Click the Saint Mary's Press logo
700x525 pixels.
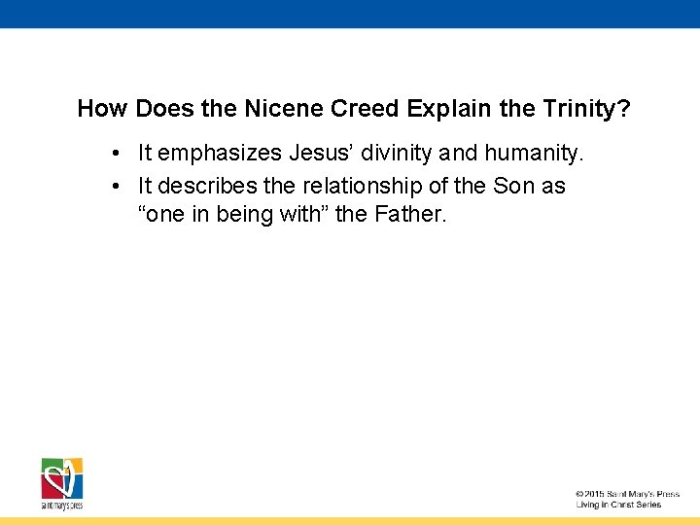click(x=61, y=482)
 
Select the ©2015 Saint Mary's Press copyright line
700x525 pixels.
click(x=627, y=494)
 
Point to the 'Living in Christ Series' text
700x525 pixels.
click(x=618, y=505)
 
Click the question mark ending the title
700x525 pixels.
click(x=622, y=109)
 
